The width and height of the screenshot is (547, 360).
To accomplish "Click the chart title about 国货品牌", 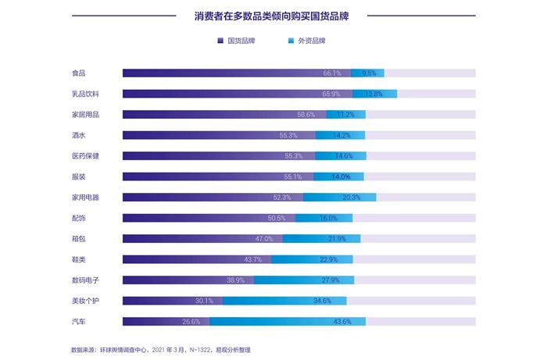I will pyautogui.click(x=271, y=15).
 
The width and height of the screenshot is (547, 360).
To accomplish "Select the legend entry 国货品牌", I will pyautogui.click(x=241, y=40).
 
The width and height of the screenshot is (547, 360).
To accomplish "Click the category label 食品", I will pyautogui.click(x=78, y=73).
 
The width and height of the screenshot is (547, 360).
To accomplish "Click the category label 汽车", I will pyautogui.click(x=78, y=321).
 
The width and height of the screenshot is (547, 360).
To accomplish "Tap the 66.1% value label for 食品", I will pyautogui.click(x=332, y=73).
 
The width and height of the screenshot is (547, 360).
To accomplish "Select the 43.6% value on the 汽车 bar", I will pyautogui.click(x=342, y=321).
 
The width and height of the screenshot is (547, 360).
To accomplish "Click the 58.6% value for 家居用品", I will pyautogui.click(x=306, y=115).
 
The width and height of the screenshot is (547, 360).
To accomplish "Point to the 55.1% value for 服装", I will pyautogui.click(x=293, y=176).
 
